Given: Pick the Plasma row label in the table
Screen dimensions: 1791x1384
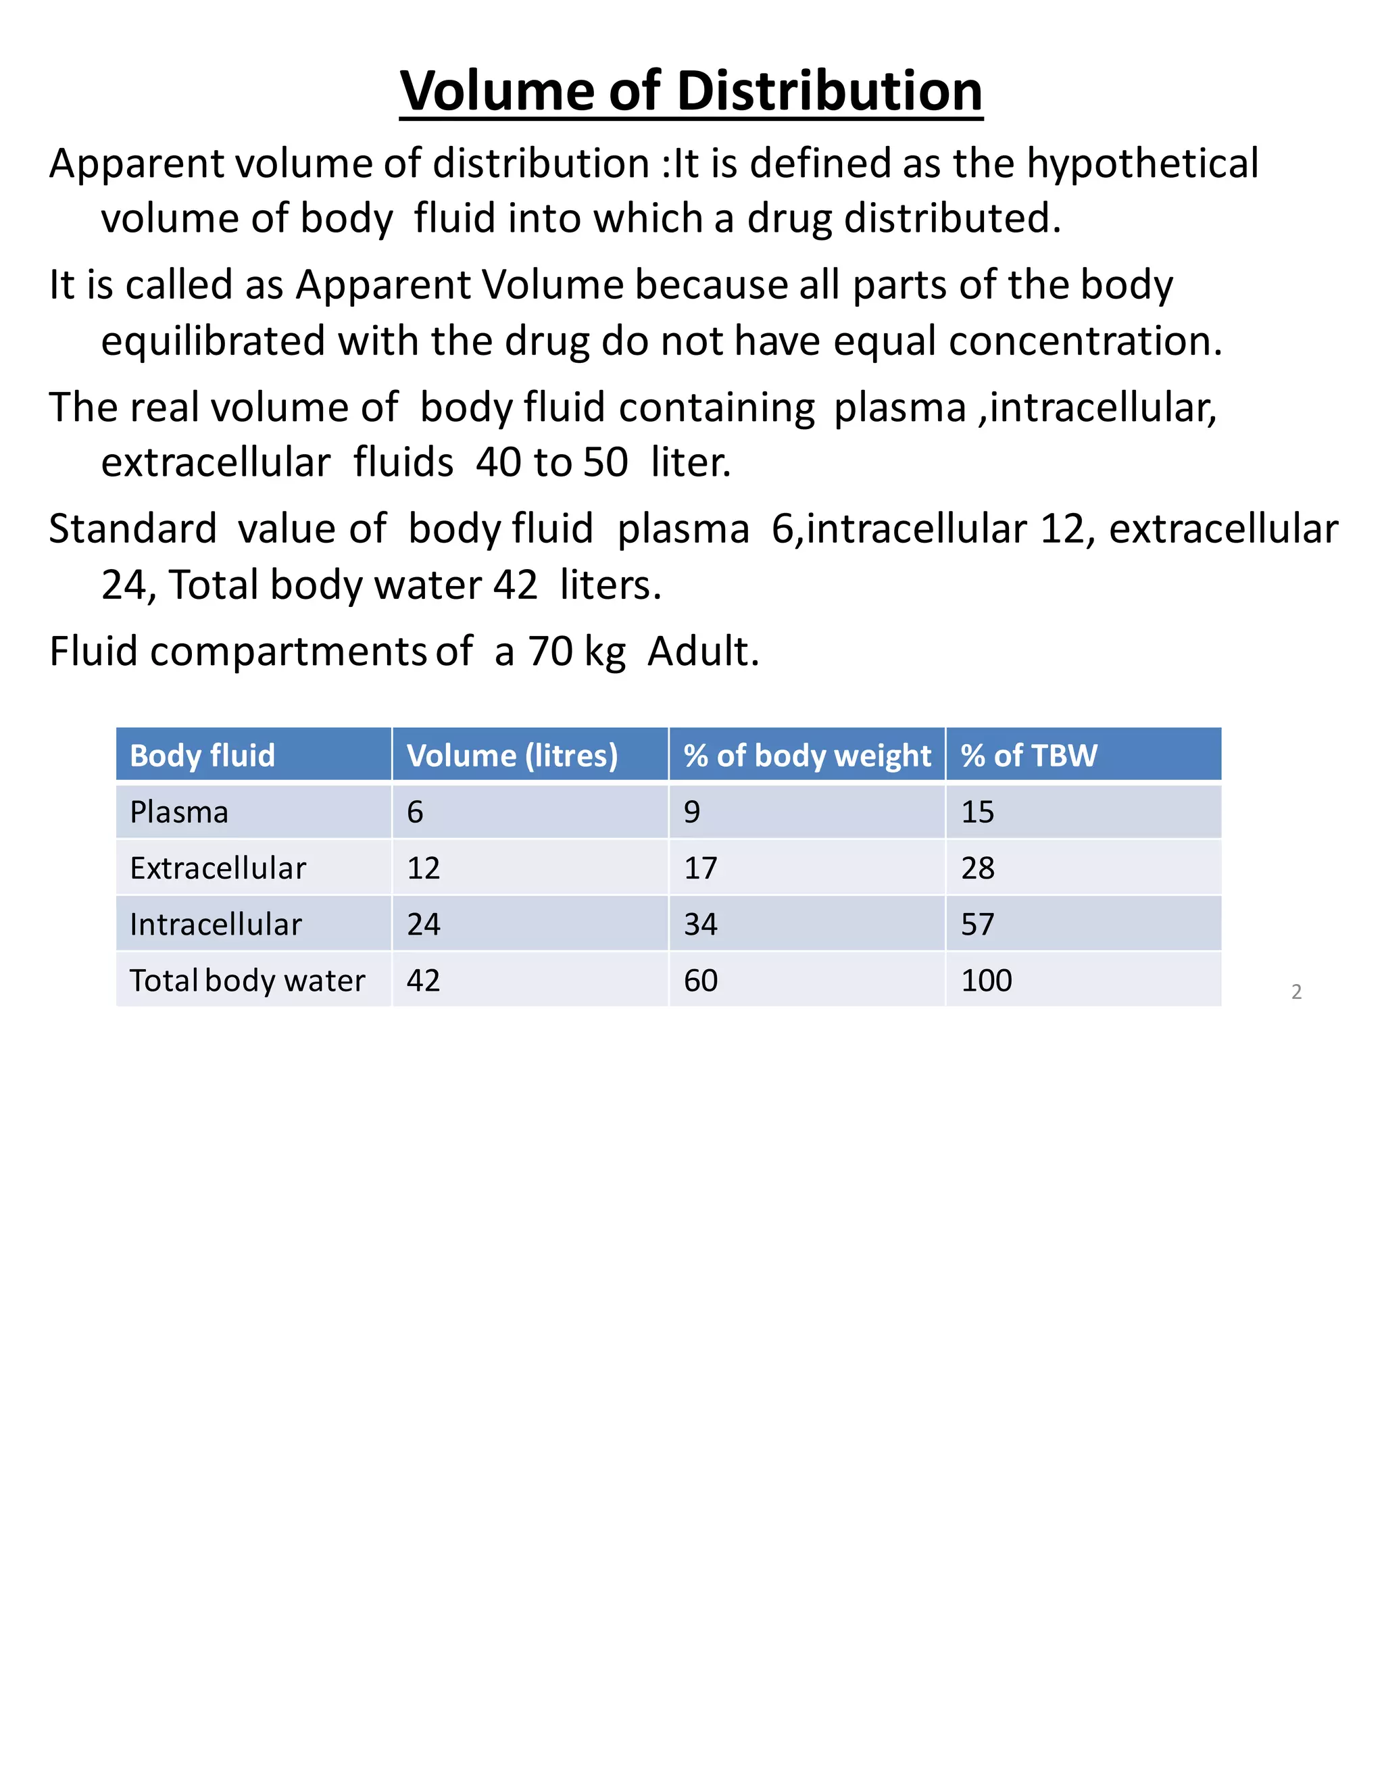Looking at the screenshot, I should pos(178,812).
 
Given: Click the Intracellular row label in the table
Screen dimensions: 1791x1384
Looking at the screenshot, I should pos(216,924).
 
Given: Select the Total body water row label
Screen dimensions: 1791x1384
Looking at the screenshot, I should pos(247,980).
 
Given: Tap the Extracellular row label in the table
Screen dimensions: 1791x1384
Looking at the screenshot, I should pos(218,868).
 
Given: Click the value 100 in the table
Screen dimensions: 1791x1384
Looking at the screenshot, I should pos(987,980).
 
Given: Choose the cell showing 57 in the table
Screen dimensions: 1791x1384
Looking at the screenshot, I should pos(977,924).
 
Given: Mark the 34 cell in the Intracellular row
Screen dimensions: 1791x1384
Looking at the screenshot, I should pos(700,924).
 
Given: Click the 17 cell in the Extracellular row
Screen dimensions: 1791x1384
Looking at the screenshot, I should pos(700,868).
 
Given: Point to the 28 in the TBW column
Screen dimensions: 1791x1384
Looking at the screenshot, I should pos(977,868).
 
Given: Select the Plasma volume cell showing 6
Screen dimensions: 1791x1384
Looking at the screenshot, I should pos(415,812).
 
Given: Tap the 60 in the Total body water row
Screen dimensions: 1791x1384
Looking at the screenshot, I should pos(700,980).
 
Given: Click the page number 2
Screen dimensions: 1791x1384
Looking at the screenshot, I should pos(1296,991).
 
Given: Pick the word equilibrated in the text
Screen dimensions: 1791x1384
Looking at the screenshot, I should pos(212,341).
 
